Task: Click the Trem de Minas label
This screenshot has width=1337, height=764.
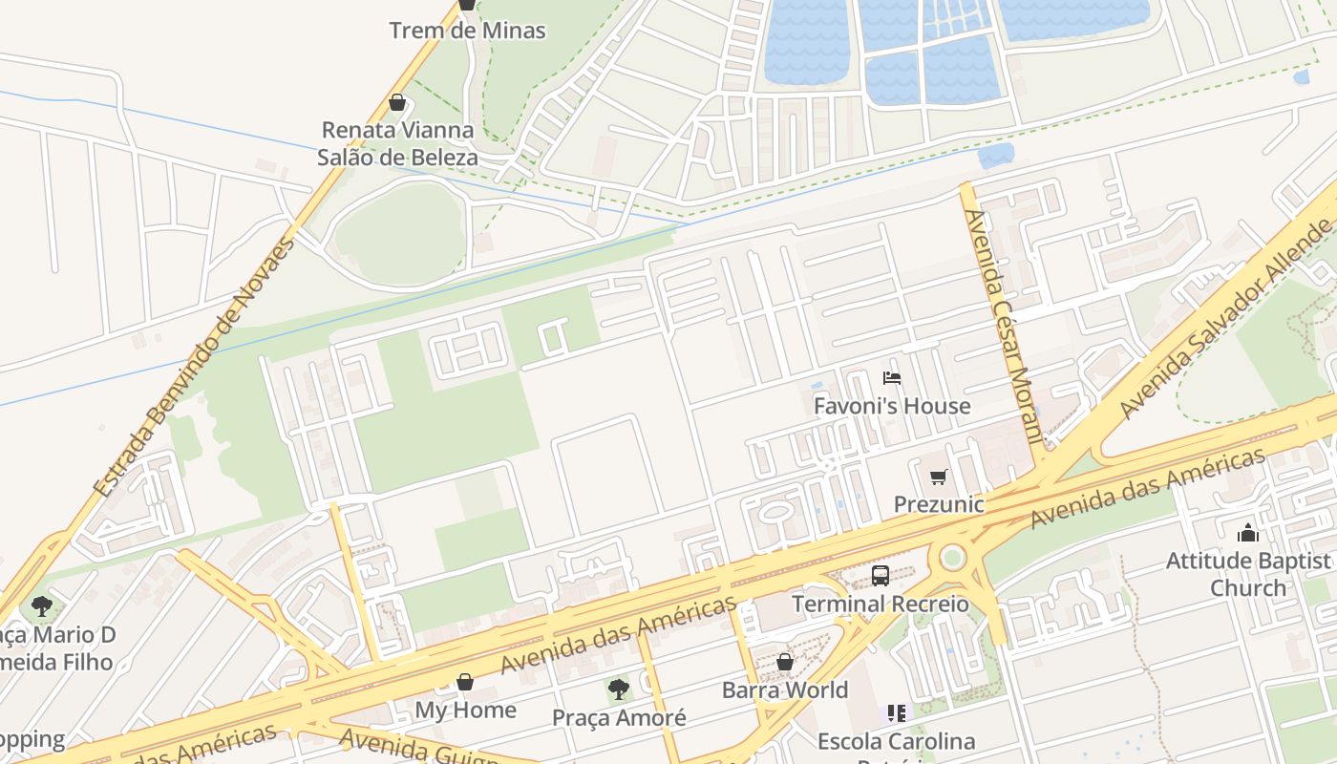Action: click(467, 31)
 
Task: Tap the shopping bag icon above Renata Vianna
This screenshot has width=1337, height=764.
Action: click(397, 102)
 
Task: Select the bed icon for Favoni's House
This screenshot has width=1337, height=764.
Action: click(892, 378)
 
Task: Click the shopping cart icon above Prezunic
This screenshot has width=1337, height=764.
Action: click(938, 477)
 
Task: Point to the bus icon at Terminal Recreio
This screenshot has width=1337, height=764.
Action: click(881, 576)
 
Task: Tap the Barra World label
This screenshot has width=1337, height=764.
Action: click(784, 690)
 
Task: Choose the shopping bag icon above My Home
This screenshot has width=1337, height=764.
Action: click(465, 682)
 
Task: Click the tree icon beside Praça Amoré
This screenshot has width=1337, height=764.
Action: click(619, 689)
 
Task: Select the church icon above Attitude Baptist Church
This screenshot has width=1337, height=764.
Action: click(1248, 533)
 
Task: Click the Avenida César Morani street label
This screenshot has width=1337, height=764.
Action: click(1003, 327)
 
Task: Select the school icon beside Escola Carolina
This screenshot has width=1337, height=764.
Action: click(896, 712)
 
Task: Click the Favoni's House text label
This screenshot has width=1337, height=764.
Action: click(891, 406)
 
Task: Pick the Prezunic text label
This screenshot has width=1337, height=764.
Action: click(938, 503)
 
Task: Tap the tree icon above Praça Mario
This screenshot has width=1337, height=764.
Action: click(41, 605)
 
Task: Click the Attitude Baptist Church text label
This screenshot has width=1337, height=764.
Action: click(1248, 574)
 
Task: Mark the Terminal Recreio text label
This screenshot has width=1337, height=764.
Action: click(880, 604)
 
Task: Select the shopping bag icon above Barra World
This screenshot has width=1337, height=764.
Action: click(784, 662)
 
